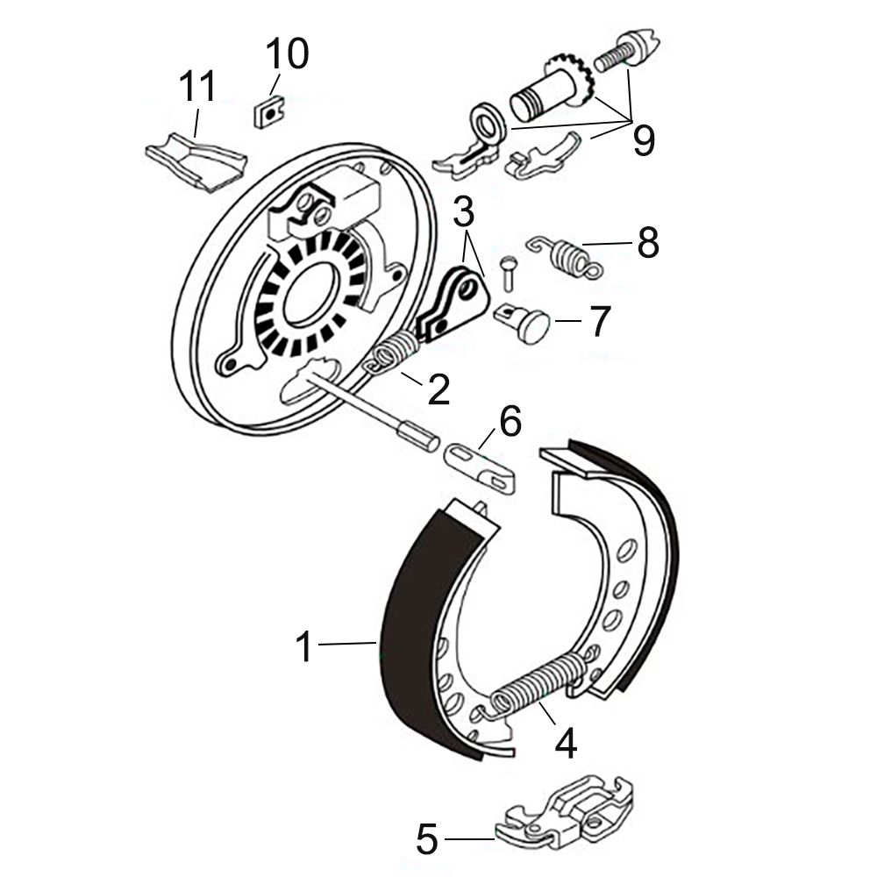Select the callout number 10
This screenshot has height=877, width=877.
click(287, 53)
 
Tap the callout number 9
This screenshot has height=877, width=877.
click(643, 140)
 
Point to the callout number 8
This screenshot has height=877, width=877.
click(648, 243)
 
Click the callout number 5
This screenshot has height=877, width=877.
click(427, 838)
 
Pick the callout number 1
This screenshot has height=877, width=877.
click(304, 646)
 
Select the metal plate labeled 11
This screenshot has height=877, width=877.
click(196, 161)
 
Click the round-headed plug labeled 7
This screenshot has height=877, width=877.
click(523, 322)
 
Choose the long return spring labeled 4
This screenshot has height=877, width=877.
click(538, 682)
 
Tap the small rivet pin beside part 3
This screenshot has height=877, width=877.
click(509, 273)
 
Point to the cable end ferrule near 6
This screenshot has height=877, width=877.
click(417, 433)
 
